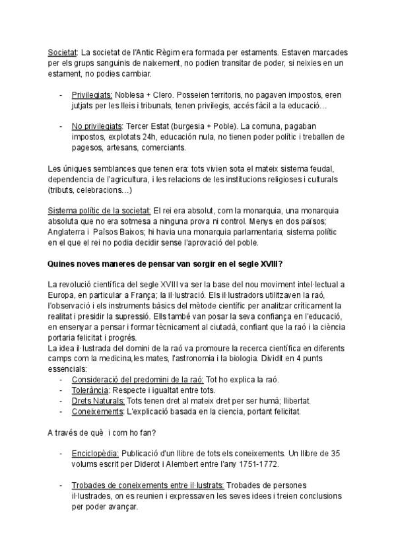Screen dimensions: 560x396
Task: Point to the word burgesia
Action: (x=222, y=125)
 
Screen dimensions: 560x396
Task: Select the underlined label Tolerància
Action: (x=91, y=390)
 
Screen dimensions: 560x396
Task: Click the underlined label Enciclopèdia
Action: (x=94, y=454)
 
